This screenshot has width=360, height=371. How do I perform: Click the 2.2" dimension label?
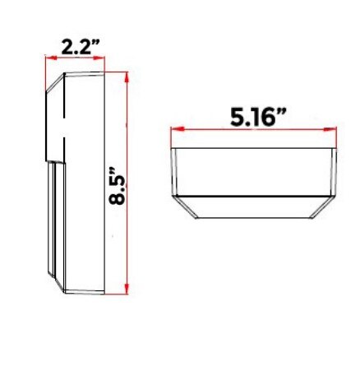[x=80, y=47]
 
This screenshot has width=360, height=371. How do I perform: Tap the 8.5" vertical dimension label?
[x=117, y=186]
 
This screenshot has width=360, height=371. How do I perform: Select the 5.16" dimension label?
[x=258, y=117]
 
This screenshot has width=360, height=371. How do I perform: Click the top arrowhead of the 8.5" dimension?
[x=127, y=77]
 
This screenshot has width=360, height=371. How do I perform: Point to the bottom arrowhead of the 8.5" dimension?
[x=127, y=289]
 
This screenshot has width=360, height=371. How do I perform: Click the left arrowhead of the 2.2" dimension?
[x=51, y=58]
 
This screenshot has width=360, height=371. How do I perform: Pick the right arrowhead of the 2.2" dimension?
[x=99, y=58]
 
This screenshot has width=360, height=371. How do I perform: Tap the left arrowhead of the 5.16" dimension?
[x=177, y=129]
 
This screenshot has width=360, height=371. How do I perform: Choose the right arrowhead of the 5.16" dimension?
[x=330, y=129]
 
